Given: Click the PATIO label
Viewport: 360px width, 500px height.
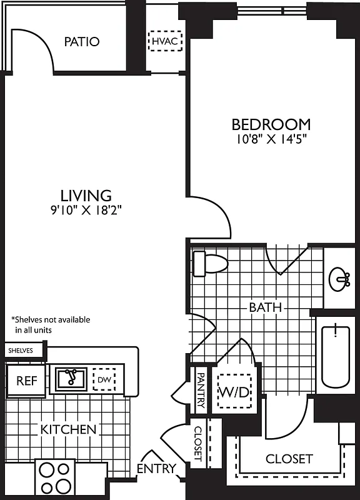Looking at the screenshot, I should tap(82, 42).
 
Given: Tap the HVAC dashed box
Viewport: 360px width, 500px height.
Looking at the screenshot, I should tap(166, 42).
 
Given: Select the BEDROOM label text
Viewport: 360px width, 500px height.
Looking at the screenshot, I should tap(271, 124).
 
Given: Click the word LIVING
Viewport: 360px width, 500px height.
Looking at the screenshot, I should tap(86, 195).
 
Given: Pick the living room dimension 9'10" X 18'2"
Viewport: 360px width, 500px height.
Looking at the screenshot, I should tap(86, 210).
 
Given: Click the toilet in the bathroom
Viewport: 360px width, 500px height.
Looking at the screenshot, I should tap(209, 263).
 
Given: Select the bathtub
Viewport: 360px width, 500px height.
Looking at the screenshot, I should tap(337, 356).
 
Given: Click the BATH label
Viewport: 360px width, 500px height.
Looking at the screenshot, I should tap(265, 307).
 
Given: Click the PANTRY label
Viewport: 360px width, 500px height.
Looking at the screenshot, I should tap(201, 391).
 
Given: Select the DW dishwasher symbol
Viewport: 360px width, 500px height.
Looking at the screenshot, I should tap(103, 379).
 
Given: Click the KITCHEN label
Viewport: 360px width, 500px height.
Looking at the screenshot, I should tap(68, 429).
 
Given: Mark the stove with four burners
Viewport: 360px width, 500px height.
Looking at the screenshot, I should tap(55, 478).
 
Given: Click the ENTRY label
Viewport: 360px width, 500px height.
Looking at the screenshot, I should tap(156, 469).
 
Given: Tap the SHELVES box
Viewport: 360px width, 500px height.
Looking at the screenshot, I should tap(24, 351).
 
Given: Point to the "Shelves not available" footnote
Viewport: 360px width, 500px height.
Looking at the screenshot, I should tap(51, 324).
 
